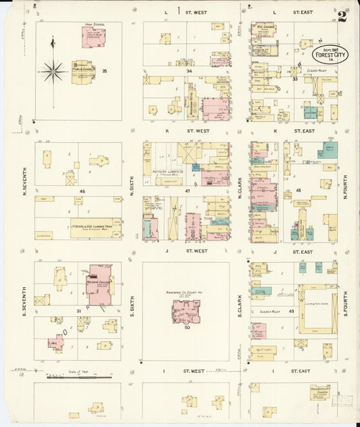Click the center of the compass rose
click(x=53, y=70)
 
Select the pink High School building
click(x=94, y=38)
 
